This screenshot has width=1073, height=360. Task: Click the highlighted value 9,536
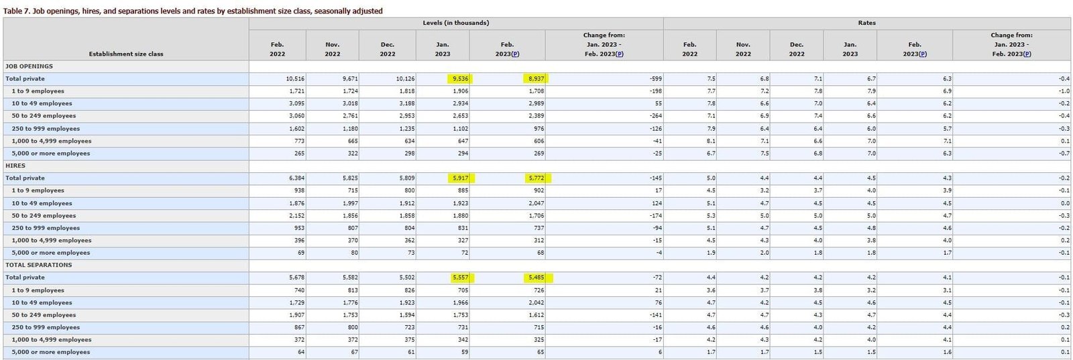click(460, 78)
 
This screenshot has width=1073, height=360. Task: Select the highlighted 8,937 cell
click(536, 78)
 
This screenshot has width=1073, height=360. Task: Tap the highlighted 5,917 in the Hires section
click(460, 178)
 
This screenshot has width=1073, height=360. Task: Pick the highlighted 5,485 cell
click(536, 278)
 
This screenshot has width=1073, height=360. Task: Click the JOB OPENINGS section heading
click(29, 66)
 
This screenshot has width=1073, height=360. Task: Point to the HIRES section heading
click(15, 166)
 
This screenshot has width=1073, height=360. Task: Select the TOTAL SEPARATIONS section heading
click(38, 265)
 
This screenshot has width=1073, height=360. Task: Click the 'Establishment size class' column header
click(126, 54)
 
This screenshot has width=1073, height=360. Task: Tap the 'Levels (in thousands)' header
click(456, 23)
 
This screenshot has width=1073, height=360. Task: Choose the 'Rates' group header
click(866, 23)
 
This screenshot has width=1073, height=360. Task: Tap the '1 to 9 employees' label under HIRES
click(38, 190)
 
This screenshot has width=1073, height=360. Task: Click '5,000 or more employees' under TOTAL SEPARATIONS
click(50, 352)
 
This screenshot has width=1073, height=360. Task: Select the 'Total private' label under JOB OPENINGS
click(25, 78)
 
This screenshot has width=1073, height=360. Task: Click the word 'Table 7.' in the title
click(17, 11)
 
